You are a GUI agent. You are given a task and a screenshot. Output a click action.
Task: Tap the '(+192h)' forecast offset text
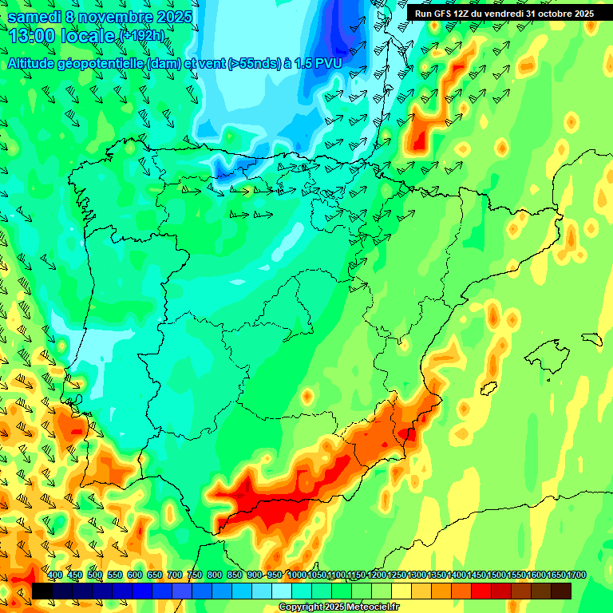(x=141, y=36)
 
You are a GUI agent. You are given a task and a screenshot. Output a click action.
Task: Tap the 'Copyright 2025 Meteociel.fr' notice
(x=339, y=607)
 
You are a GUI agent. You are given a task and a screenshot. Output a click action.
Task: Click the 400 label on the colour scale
(x=55, y=575)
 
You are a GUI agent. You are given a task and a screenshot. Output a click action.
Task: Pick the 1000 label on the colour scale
(x=296, y=575)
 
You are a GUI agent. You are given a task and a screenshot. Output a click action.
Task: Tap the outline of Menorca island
(x=591, y=338)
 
